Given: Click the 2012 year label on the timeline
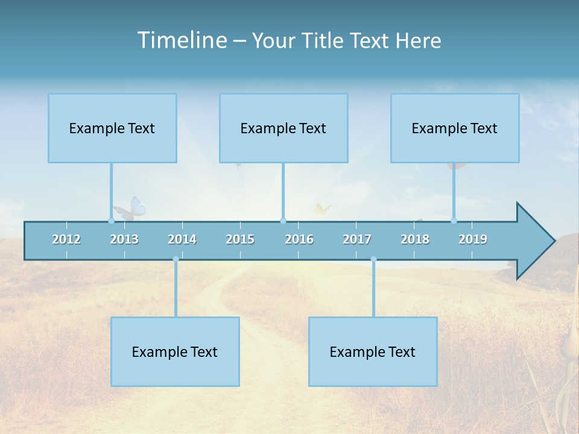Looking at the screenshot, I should pyautogui.click(x=66, y=239).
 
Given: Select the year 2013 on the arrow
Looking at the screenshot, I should pyautogui.click(x=124, y=239).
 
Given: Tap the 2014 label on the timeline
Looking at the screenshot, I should pyautogui.click(x=182, y=239).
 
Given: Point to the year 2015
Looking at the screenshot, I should pyautogui.click(x=240, y=239).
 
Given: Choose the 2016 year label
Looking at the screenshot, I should pyautogui.click(x=299, y=239).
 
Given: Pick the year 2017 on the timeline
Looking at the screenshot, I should pyautogui.click(x=357, y=239).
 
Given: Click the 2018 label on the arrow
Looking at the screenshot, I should pyautogui.click(x=415, y=239).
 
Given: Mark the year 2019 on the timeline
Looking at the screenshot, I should pyautogui.click(x=473, y=239).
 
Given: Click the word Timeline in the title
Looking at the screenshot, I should pyautogui.click(x=182, y=40).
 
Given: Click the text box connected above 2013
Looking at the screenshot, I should pyautogui.click(x=112, y=128).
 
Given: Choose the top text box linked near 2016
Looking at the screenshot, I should pyautogui.click(x=283, y=128).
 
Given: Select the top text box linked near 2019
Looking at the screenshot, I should pyautogui.click(x=455, y=128).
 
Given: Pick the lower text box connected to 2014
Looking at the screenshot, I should pyautogui.click(x=175, y=351).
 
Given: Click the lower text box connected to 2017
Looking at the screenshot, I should pyautogui.click(x=373, y=351).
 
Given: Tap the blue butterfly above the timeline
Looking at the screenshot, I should pyautogui.click(x=131, y=209).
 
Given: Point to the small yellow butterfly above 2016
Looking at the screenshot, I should pyautogui.click(x=321, y=209).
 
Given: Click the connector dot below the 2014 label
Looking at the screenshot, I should pyautogui.click(x=176, y=259).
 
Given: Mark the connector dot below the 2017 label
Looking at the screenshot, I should pyautogui.click(x=373, y=259).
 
